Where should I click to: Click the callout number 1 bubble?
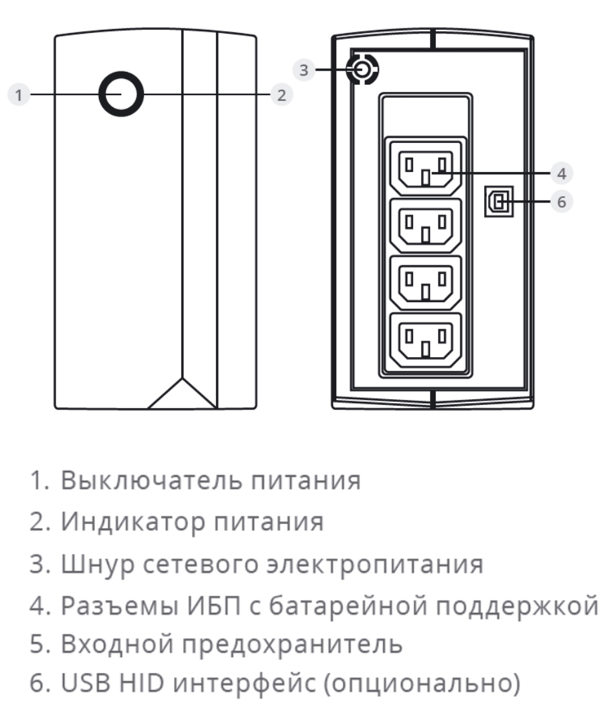[19, 95]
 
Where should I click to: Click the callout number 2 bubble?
[281, 95]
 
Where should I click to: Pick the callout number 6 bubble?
[561, 202]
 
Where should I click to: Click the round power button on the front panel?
[121, 94]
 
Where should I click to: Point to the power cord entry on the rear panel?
[362, 69]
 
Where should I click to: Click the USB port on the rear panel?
[498, 203]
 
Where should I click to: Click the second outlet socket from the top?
[425, 225]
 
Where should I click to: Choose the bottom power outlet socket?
[425, 338]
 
